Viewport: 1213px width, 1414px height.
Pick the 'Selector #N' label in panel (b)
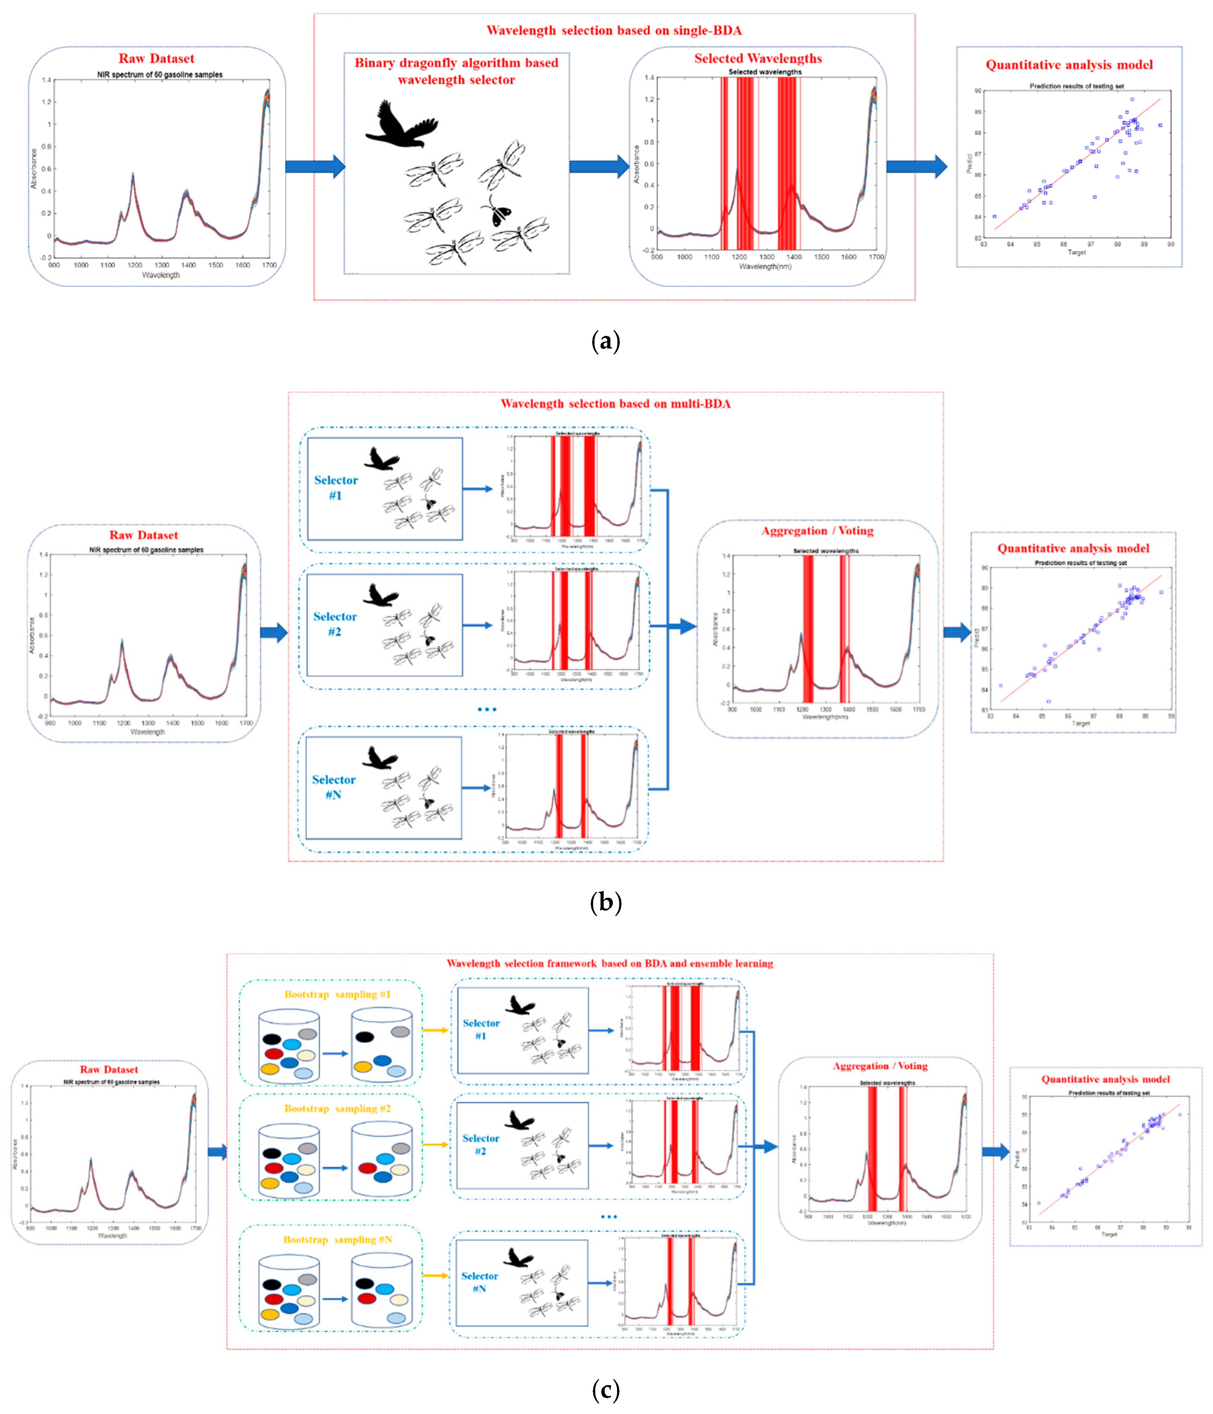333,787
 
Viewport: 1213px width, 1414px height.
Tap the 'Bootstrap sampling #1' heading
337,994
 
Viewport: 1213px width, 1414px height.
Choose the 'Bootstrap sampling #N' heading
337,1239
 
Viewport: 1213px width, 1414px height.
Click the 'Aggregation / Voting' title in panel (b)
817,531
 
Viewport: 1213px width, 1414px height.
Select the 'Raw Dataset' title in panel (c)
109,1069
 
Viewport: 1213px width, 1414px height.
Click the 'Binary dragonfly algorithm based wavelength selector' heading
456,71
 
